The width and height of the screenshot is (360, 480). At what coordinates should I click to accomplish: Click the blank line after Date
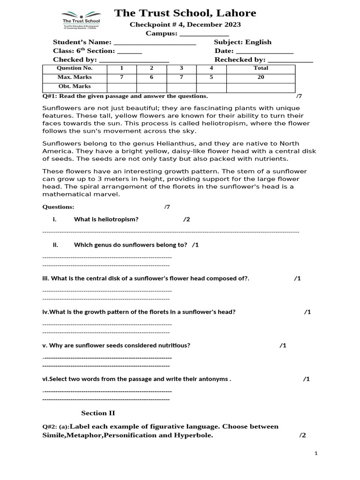(x=264, y=51)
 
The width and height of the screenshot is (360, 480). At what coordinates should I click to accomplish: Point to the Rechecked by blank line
(x=290, y=60)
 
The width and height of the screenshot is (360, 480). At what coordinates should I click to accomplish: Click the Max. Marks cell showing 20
(x=261, y=77)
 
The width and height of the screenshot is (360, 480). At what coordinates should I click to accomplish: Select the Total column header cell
(x=261, y=68)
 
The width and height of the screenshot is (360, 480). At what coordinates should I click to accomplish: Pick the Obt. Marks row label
(x=75, y=87)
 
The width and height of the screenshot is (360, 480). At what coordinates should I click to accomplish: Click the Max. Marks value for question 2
(x=151, y=77)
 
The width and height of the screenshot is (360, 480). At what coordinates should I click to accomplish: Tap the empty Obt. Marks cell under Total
(x=261, y=87)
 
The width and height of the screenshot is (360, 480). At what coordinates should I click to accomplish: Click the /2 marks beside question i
(x=187, y=219)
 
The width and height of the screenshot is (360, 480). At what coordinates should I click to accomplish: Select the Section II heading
(x=98, y=413)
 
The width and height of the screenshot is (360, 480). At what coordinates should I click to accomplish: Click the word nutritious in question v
(x=172, y=345)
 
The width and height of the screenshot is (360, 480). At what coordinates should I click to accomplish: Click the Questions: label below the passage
(x=58, y=207)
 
